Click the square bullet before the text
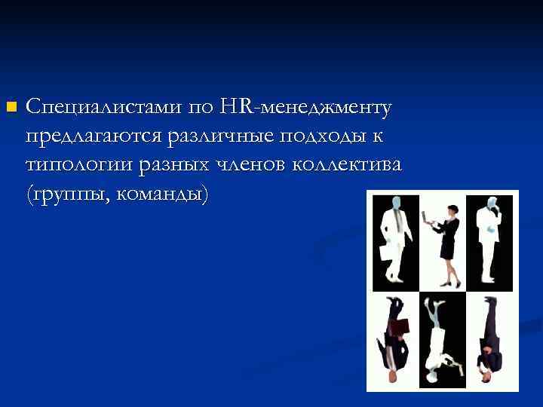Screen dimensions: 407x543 pos(9,107)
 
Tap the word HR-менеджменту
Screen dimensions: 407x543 pos(305,107)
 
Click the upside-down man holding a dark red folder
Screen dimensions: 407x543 pos(395,339)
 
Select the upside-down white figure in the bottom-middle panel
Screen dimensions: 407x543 pos(439,339)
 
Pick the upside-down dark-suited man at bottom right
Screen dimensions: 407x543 pos(490,339)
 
